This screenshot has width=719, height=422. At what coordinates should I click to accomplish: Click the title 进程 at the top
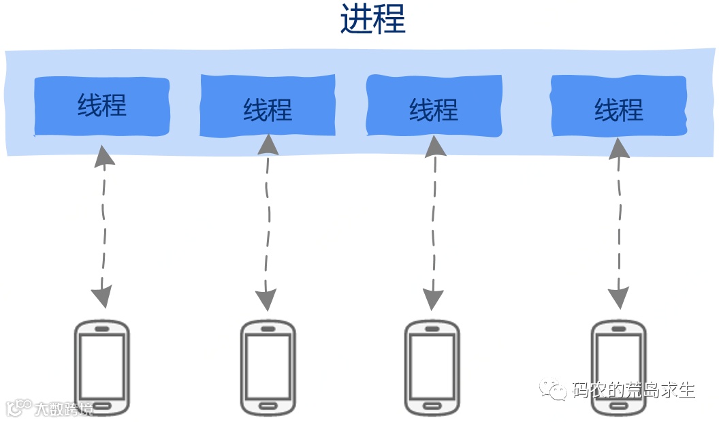pyautogui.click(x=372, y=20)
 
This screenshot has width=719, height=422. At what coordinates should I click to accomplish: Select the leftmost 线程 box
pyautogui.click(x=101, y=106)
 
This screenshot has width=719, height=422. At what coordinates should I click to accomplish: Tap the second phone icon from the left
pyautogui.click(x=268, y=368)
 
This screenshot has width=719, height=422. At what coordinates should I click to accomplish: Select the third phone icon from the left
pyautogui.click(x=432, y=368)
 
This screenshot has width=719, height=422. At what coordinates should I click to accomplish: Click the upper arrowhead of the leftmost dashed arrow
pyautogui.click(x=103, y=155)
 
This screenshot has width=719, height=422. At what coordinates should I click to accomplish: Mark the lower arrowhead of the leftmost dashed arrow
pyautogui.click(x=101, y=296)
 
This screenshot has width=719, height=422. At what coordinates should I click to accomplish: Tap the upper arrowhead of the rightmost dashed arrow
pyautogui.click(x=619, y=148)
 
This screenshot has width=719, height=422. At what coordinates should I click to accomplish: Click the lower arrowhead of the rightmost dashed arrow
pyautogui.click(x=618, y=297)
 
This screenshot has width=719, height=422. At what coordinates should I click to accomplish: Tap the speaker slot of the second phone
pyautogui.click(x=268, y=329)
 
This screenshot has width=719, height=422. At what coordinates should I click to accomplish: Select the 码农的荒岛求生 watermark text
pyautogui.click(x=633, y=391)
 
